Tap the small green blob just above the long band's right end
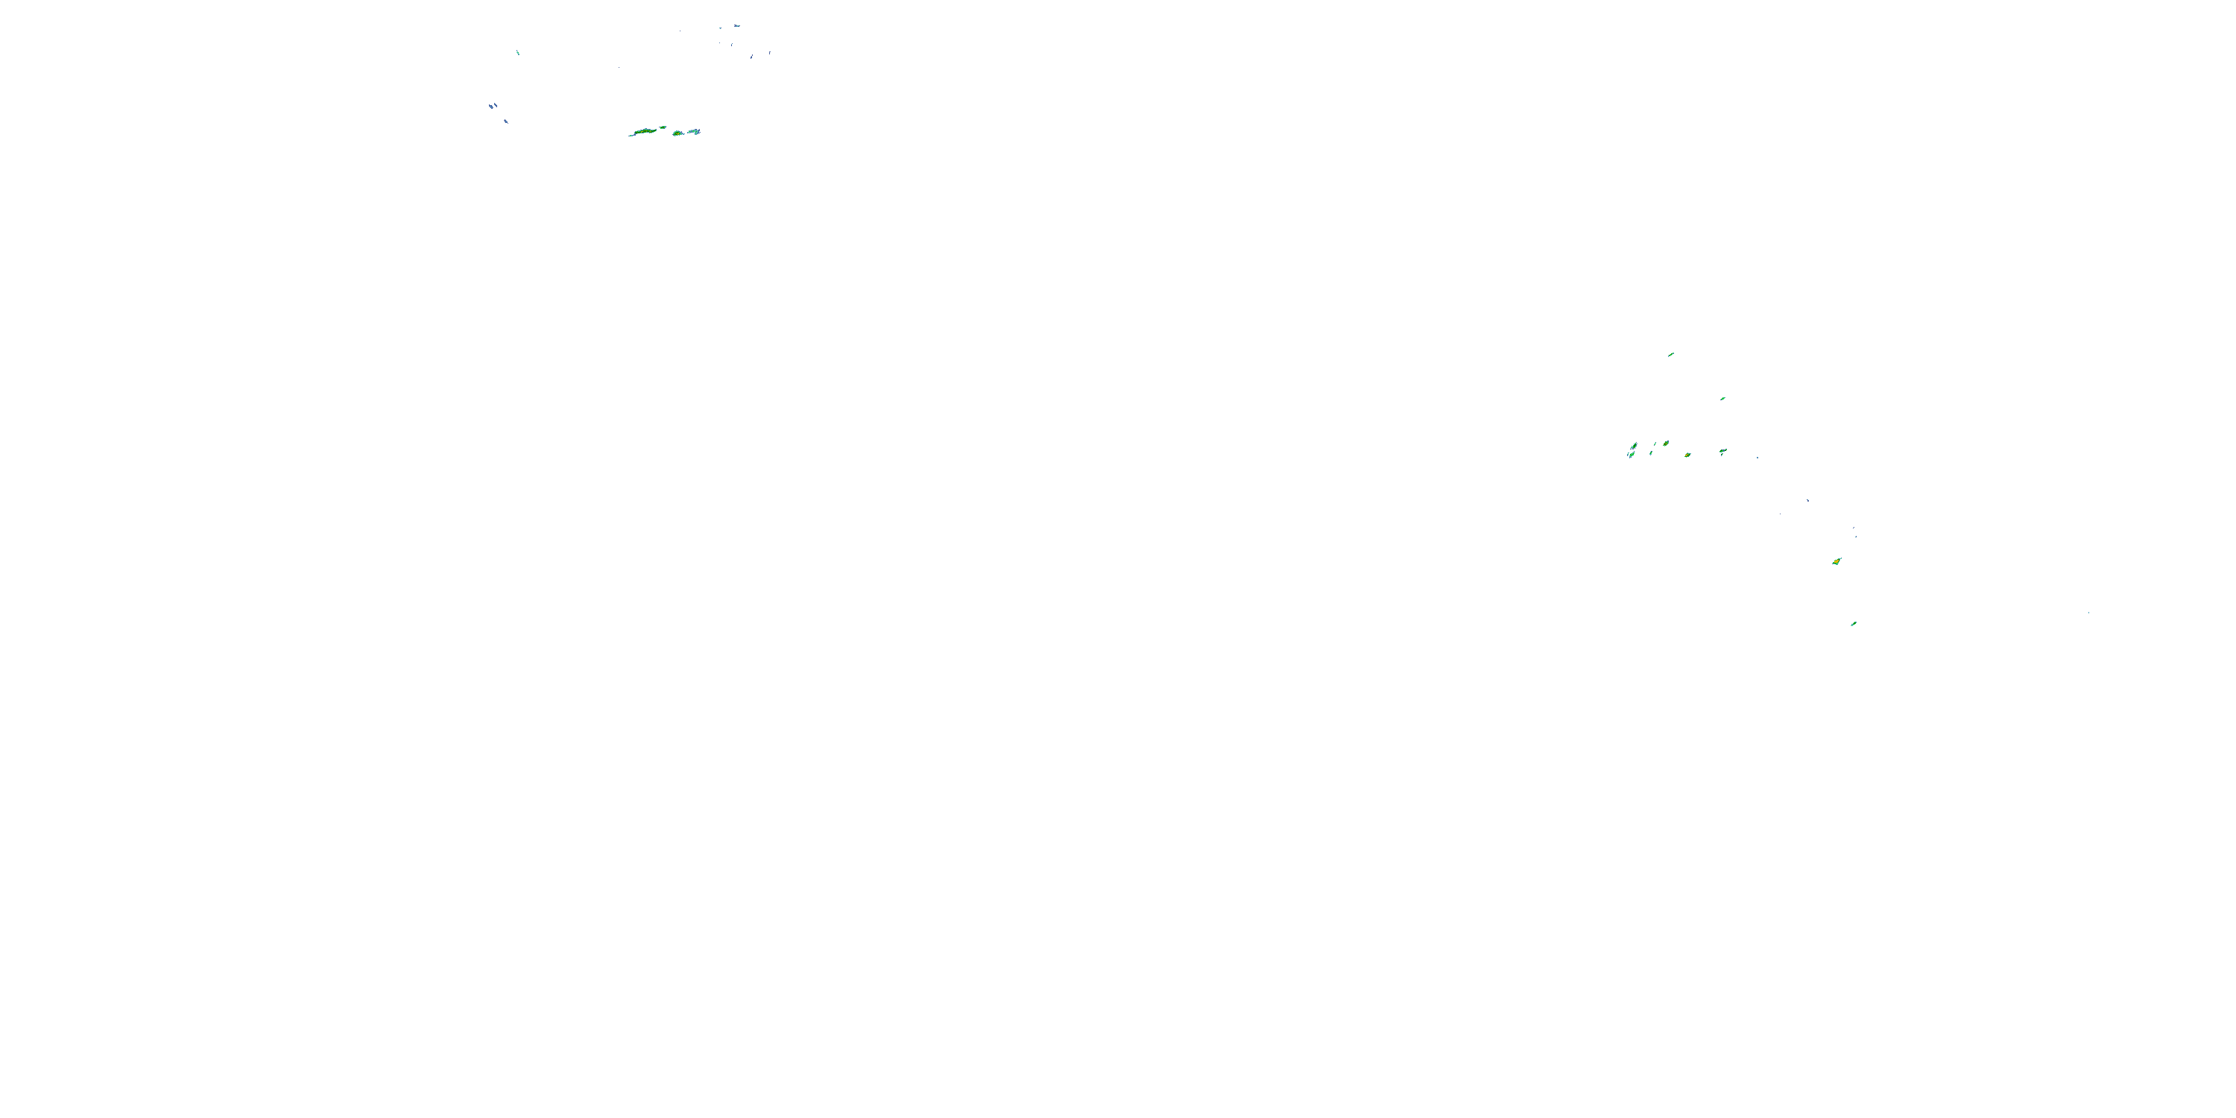click(664, 127)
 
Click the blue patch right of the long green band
click(695, 132)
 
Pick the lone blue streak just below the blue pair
click(505, 121)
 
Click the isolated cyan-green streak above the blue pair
click(518, 53)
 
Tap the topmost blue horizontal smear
click(736, 26)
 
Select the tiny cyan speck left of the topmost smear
click(719, 28)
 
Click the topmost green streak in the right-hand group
click(1671, 354)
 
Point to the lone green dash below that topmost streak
click(1723, 399)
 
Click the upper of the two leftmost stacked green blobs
click(1634, 446)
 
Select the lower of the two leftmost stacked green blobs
click(1631, 454)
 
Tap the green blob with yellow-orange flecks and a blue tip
click(1665, 443)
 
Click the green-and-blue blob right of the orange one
click(1723, 452)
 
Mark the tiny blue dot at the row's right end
click(1757, 458)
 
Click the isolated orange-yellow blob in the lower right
click(1837, 561)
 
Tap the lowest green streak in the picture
click(1853, 623)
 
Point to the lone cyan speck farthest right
click(2088, 613)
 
